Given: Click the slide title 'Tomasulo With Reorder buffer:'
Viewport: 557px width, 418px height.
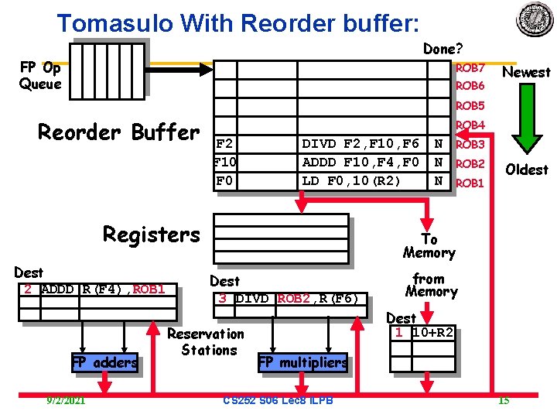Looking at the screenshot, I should tap(238, 22).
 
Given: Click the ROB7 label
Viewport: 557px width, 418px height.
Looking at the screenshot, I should tap(470, 68).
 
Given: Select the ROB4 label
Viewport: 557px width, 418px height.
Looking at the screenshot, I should tap(470, 125).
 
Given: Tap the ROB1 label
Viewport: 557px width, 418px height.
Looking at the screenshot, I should tap(470, 183).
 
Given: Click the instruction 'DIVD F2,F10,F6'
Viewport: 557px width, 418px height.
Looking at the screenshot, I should tap(360, 144).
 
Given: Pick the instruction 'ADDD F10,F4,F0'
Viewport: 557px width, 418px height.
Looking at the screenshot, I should tap(360, 163).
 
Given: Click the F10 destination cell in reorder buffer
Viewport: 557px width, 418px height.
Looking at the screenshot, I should tap(225, 163).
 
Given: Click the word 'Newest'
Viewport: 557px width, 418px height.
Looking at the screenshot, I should tap(526, 72).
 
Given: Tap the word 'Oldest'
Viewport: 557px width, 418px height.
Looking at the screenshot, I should tap(526, 169).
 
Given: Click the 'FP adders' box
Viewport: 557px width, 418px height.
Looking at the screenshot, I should tap(104, 362).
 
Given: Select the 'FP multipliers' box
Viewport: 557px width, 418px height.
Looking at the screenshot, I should tap(302, 362).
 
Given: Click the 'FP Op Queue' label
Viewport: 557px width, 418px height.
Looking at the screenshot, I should tap(40, 75).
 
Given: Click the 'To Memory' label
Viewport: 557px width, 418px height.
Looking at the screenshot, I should tap(429, 246).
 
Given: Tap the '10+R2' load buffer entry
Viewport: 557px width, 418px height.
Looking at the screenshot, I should tap(432, 332).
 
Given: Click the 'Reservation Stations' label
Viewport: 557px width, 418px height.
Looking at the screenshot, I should tap(207, 342).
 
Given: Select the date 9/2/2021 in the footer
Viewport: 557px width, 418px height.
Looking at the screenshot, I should tap(66, 400).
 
